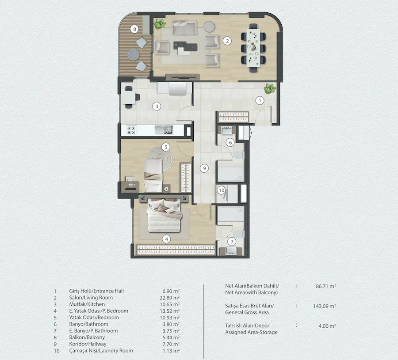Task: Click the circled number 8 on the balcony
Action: [x=134, y=29]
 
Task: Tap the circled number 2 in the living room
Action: [x=227, y=41]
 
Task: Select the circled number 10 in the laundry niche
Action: [x=222, y=190]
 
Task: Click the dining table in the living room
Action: [x=253, y=48]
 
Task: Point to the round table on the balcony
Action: [x=133, y=54]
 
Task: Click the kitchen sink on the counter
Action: [x=164, y=130]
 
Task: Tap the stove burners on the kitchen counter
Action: [x=131, y=130]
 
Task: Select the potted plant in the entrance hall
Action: [x=270, y=89]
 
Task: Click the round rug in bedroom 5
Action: [x=160, y=159]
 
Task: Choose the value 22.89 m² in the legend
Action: [x=169, y=298]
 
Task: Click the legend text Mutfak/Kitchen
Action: [x=87, y=304]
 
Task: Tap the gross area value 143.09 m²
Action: [x=325, y=306]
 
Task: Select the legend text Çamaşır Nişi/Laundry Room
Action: [x=101, y=351]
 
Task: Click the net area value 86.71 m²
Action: [x=326, y=286]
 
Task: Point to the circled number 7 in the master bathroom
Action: [x=232, y=242]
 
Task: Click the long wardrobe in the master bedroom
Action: [x=176, y=250]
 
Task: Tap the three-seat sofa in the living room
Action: [x=184, y=27]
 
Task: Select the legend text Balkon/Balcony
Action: [x=87, y=337]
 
